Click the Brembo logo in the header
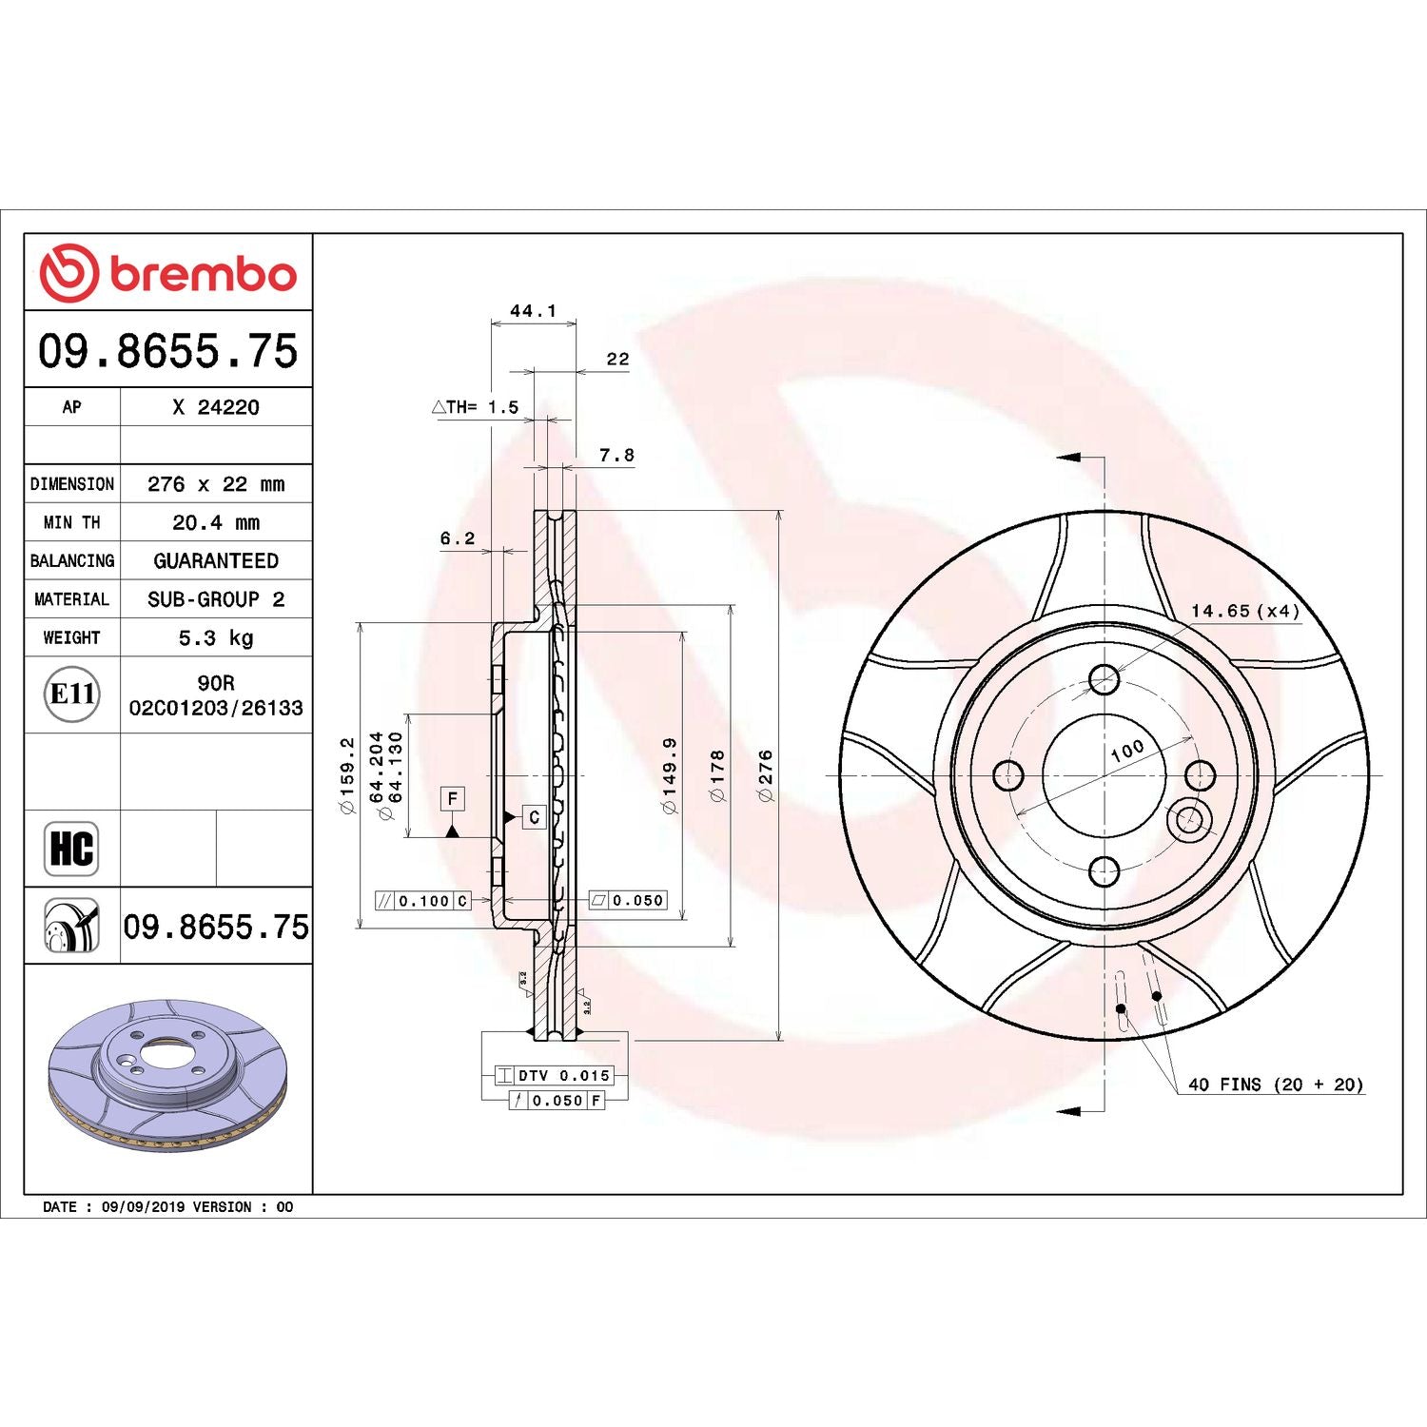click(x=167, y=273)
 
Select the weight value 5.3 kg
click(x=216, y=637)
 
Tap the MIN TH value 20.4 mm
click(x=216, y=522)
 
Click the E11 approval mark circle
click(x=72, y=694)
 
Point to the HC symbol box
click(x=71, y=848)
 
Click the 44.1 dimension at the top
click(x=533, y=311)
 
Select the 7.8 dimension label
click(x=616, y=456)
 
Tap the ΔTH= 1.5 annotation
click(x=476, y=407)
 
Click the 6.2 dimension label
click(x=457, y=538)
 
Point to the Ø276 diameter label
click(x=765, y=775)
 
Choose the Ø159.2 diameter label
click(x=347, y=775)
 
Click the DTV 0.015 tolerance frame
click(x=555, y=1075)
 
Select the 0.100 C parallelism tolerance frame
click(x=423, y=901)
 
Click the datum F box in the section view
click(x=453, y=798)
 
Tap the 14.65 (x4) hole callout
click(x=1244, y=611)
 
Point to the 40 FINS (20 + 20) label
click(x=1275, y=1085)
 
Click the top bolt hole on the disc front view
click(x=1104, y=679)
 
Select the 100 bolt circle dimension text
click(x=1127, y=751)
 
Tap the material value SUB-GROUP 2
click(x=216, y=599)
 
